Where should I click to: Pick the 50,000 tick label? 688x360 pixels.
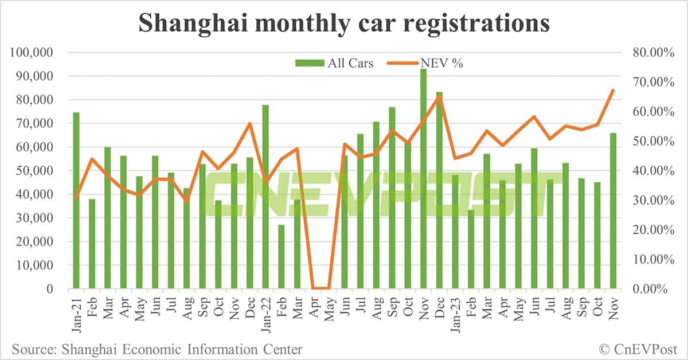[x=35, y=171]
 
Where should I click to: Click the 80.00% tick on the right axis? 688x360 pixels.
[x=650, y=53]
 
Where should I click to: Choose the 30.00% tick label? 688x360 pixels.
[x=650, y=201]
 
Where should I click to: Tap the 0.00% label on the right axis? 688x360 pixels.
[x=653, y=289]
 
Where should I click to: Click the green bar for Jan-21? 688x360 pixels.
[x=76, y=201]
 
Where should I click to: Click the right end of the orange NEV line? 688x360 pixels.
[x=613, y=91]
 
